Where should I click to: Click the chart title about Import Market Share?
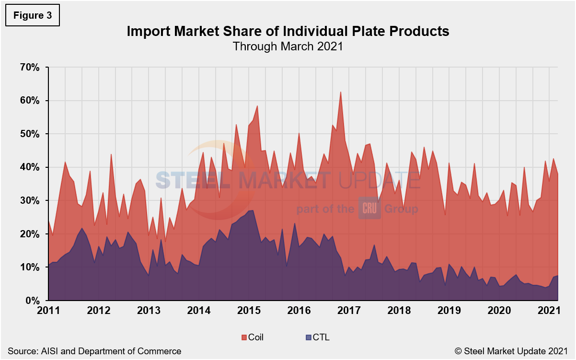click(x=288, y=31)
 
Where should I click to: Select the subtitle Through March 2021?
click(x=288, y=46)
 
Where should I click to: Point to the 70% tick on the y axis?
click(x=29, y=68)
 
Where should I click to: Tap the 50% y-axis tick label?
click(x=29, y=134)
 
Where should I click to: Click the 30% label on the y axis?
click(x=29, y=201)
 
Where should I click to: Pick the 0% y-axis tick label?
click(x=32, y=301)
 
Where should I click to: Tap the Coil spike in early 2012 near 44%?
click(x=111, y=154)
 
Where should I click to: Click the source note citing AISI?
click(x=94, y=351)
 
